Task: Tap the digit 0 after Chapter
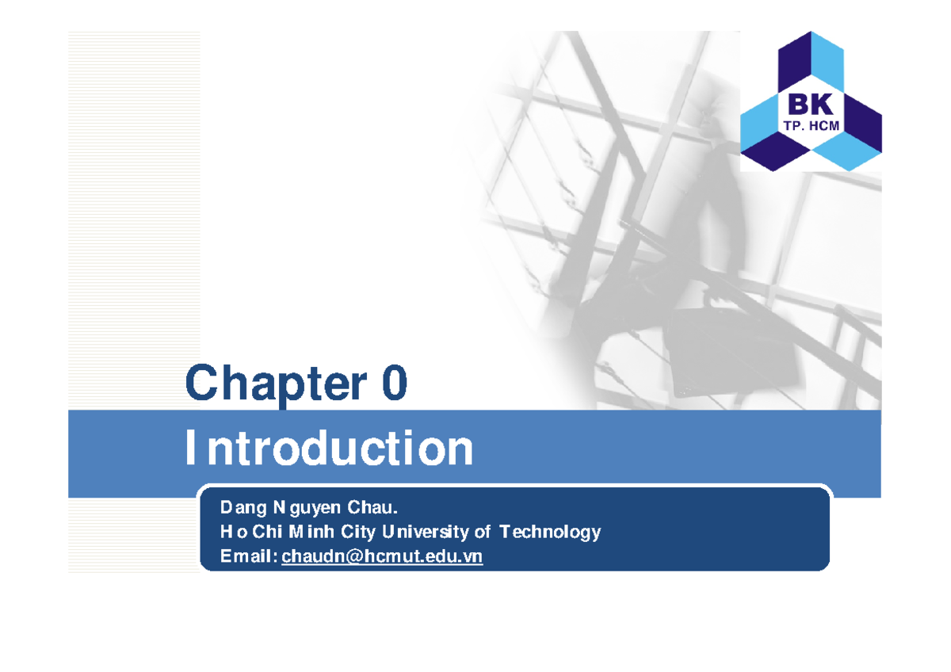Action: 393,384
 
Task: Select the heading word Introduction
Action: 329,449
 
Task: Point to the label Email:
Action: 249,557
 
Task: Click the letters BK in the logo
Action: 810,105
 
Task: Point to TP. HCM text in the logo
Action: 810,124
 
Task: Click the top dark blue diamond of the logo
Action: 810,59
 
